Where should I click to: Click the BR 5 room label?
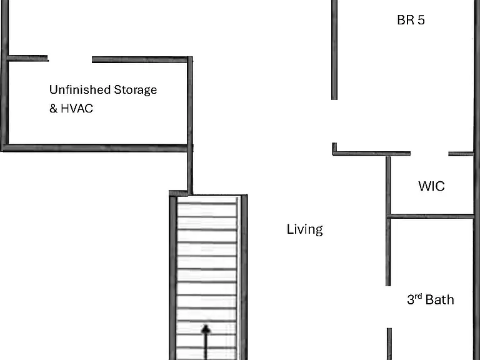[411, 20]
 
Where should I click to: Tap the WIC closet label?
[431, 186]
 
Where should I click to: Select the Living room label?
[304, 229]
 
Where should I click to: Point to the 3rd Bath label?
[431, 299]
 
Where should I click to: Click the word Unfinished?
[80, 90]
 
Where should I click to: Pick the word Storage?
[135, 90]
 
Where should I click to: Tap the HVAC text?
[77, 108]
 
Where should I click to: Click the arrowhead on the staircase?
[206, 329]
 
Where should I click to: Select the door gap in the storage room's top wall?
[70, 59]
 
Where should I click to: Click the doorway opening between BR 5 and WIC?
[429, 153]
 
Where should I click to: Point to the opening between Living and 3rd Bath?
[389, 307]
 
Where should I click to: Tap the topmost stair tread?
[207, 203]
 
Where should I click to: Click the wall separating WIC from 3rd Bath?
[431, 217]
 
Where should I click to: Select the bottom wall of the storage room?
[95, 148]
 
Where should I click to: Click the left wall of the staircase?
[173, 277]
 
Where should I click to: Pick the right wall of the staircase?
[244, 277]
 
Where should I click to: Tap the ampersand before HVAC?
[53, 108]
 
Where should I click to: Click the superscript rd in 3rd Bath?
[418, 296]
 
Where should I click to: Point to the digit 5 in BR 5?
[421, 20]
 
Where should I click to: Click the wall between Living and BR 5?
[334, 50]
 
